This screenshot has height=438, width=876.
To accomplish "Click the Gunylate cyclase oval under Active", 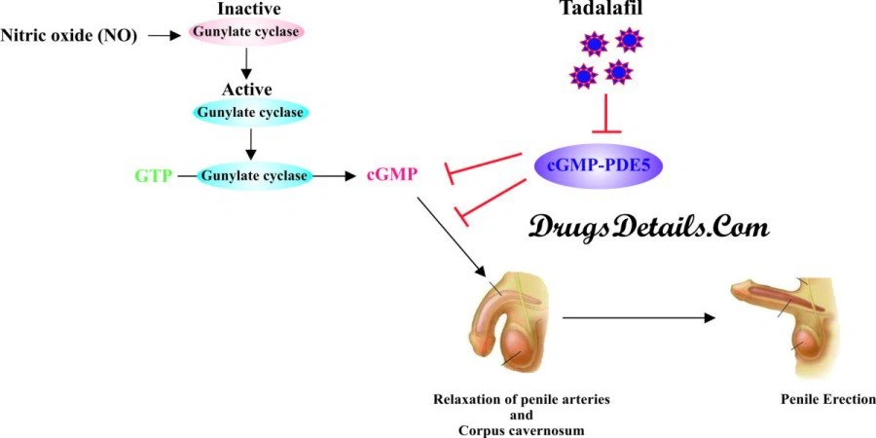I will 252,112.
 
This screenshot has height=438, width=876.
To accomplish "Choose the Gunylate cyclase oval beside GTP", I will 255,176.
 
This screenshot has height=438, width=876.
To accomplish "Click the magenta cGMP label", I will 392,176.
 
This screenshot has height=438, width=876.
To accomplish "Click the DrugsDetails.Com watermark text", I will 649,227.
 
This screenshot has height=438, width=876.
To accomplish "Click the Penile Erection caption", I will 827,399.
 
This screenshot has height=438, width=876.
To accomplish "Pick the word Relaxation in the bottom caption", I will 469,399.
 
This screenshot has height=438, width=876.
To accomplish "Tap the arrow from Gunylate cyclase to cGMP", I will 337,176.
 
